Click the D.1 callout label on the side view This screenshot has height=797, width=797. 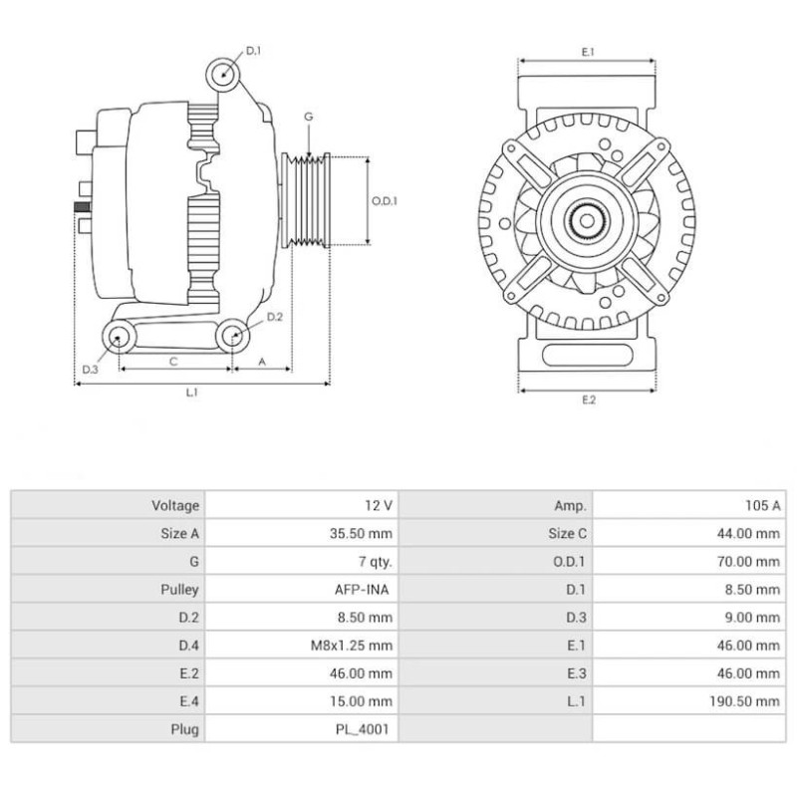click(253, 50)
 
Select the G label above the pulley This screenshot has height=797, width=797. click(309, 117)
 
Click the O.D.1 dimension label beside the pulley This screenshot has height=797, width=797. click(385, 200)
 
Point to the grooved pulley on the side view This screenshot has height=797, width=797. click(308, 200)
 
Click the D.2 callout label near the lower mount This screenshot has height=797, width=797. click(276, 317)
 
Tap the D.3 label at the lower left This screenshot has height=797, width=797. click(90, 370)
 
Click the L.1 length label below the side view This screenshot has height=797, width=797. click(192, 393)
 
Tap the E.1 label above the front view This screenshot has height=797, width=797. click(588, 51)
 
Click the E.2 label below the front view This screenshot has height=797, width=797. click(588, 400)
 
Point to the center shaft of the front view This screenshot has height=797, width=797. click(588, 218)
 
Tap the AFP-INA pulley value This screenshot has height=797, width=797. click(363, 589)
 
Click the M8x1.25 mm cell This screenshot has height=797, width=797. click(351, 646)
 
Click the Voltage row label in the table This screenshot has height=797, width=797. click(175, 505)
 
